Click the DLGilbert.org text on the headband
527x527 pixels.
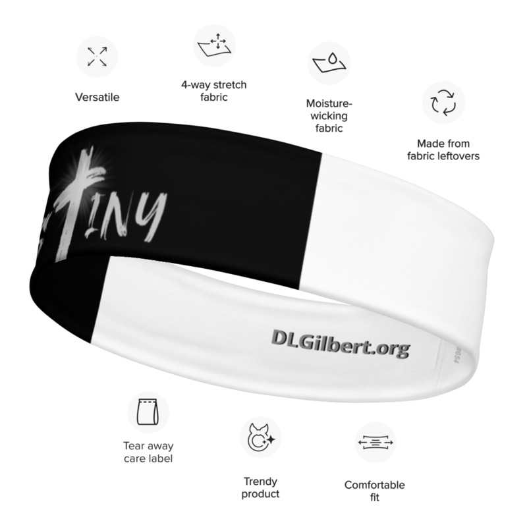[339, 338]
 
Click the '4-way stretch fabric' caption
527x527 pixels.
[213, 92]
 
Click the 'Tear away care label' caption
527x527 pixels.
[147, 453]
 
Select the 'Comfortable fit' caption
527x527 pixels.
[375, 493]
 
